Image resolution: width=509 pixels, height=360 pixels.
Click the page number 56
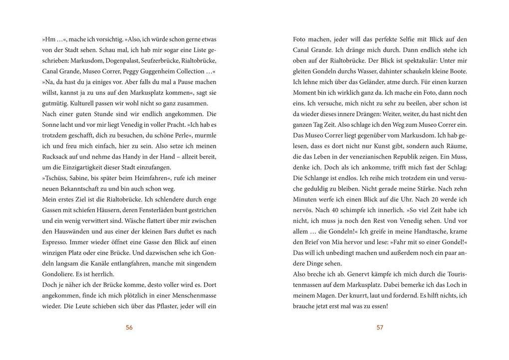(x=129, y=328)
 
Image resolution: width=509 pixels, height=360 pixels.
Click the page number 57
(x=380, y=328)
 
